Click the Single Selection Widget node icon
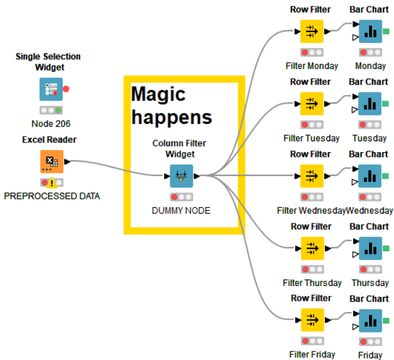51,90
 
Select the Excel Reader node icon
51,162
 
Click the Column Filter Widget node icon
181,176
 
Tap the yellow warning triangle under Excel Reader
52,183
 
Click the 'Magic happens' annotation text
172,105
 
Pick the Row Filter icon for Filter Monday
312,31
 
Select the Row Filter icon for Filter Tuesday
312,104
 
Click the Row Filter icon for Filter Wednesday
312,176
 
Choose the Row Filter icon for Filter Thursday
312,248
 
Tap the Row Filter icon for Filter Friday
312,320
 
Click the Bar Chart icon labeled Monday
370,31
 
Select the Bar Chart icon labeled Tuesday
370,104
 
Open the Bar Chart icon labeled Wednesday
370,176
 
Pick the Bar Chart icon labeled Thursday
370,248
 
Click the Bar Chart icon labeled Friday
370,320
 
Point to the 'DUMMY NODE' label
181,211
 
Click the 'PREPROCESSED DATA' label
52,196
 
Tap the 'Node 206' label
51,123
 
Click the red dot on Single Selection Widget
66,89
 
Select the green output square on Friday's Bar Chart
386,321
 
